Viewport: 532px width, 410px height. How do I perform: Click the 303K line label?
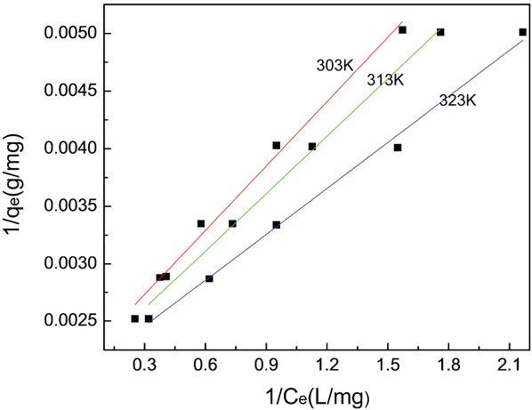[335, 66]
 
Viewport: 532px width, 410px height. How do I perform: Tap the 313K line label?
[385, 80]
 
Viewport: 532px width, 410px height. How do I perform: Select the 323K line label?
[458, 100]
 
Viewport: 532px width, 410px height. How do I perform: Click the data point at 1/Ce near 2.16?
[522, 32]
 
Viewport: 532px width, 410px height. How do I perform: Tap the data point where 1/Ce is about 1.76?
[440, 32]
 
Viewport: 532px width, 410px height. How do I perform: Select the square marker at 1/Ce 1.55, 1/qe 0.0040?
[398, 148]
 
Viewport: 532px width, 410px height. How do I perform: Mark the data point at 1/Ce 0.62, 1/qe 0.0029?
[209, 278]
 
